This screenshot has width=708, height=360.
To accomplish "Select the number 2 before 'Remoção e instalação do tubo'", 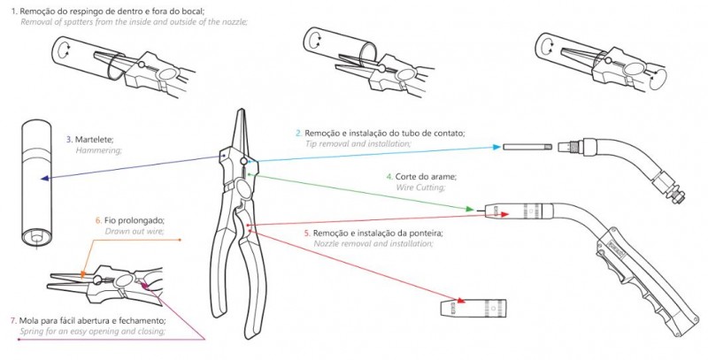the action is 298,134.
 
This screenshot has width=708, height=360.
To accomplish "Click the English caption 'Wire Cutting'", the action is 420,188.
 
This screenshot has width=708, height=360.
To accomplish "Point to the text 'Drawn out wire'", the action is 135,232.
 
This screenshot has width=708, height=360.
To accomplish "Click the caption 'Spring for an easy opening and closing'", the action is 93,331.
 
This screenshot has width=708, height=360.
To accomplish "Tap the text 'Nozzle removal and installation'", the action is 373,243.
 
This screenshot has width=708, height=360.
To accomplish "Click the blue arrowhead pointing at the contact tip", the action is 497,147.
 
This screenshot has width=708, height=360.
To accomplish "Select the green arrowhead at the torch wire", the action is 471,209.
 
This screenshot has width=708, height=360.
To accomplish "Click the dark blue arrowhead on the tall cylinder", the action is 44,179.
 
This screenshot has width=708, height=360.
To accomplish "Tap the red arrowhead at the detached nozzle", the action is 460,301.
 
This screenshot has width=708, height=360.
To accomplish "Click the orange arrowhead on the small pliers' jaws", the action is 82,274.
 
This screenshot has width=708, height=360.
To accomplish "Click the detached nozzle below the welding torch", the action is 473,307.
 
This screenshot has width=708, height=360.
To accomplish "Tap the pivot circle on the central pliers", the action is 244,161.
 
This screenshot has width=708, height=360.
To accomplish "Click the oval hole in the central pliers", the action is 244,189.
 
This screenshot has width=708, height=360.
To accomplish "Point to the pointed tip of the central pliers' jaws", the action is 242,110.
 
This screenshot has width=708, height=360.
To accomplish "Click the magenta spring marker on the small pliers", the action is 144,284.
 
